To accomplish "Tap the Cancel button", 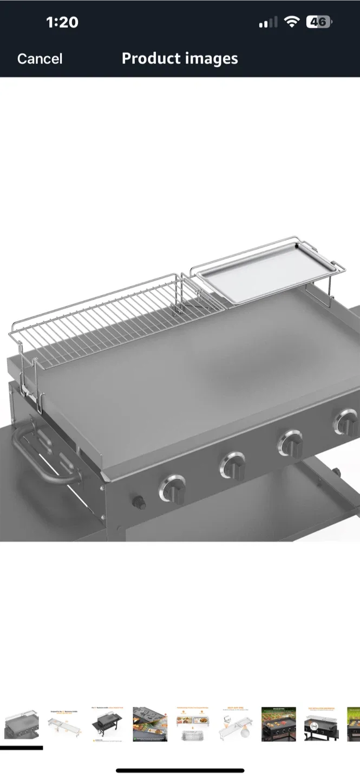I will [40, 58].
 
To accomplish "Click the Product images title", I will [180, 58].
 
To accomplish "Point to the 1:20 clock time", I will [62, 22].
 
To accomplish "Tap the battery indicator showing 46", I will [318, 22].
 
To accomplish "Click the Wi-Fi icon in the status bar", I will [292, 22].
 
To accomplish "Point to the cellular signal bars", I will [268, 23].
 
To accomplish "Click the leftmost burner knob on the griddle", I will [173, 489].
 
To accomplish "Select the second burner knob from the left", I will [232, 464].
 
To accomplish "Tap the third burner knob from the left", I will [291, 443].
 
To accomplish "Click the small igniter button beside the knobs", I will [139, 502].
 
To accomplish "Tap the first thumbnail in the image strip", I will [22, 724].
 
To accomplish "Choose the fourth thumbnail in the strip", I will [150, 724].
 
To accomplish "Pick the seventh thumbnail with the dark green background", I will [279, 724].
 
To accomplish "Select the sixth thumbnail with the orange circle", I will [236, 724].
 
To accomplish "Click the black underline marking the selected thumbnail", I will [22, 748].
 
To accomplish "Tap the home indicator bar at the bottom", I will [180, 770].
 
